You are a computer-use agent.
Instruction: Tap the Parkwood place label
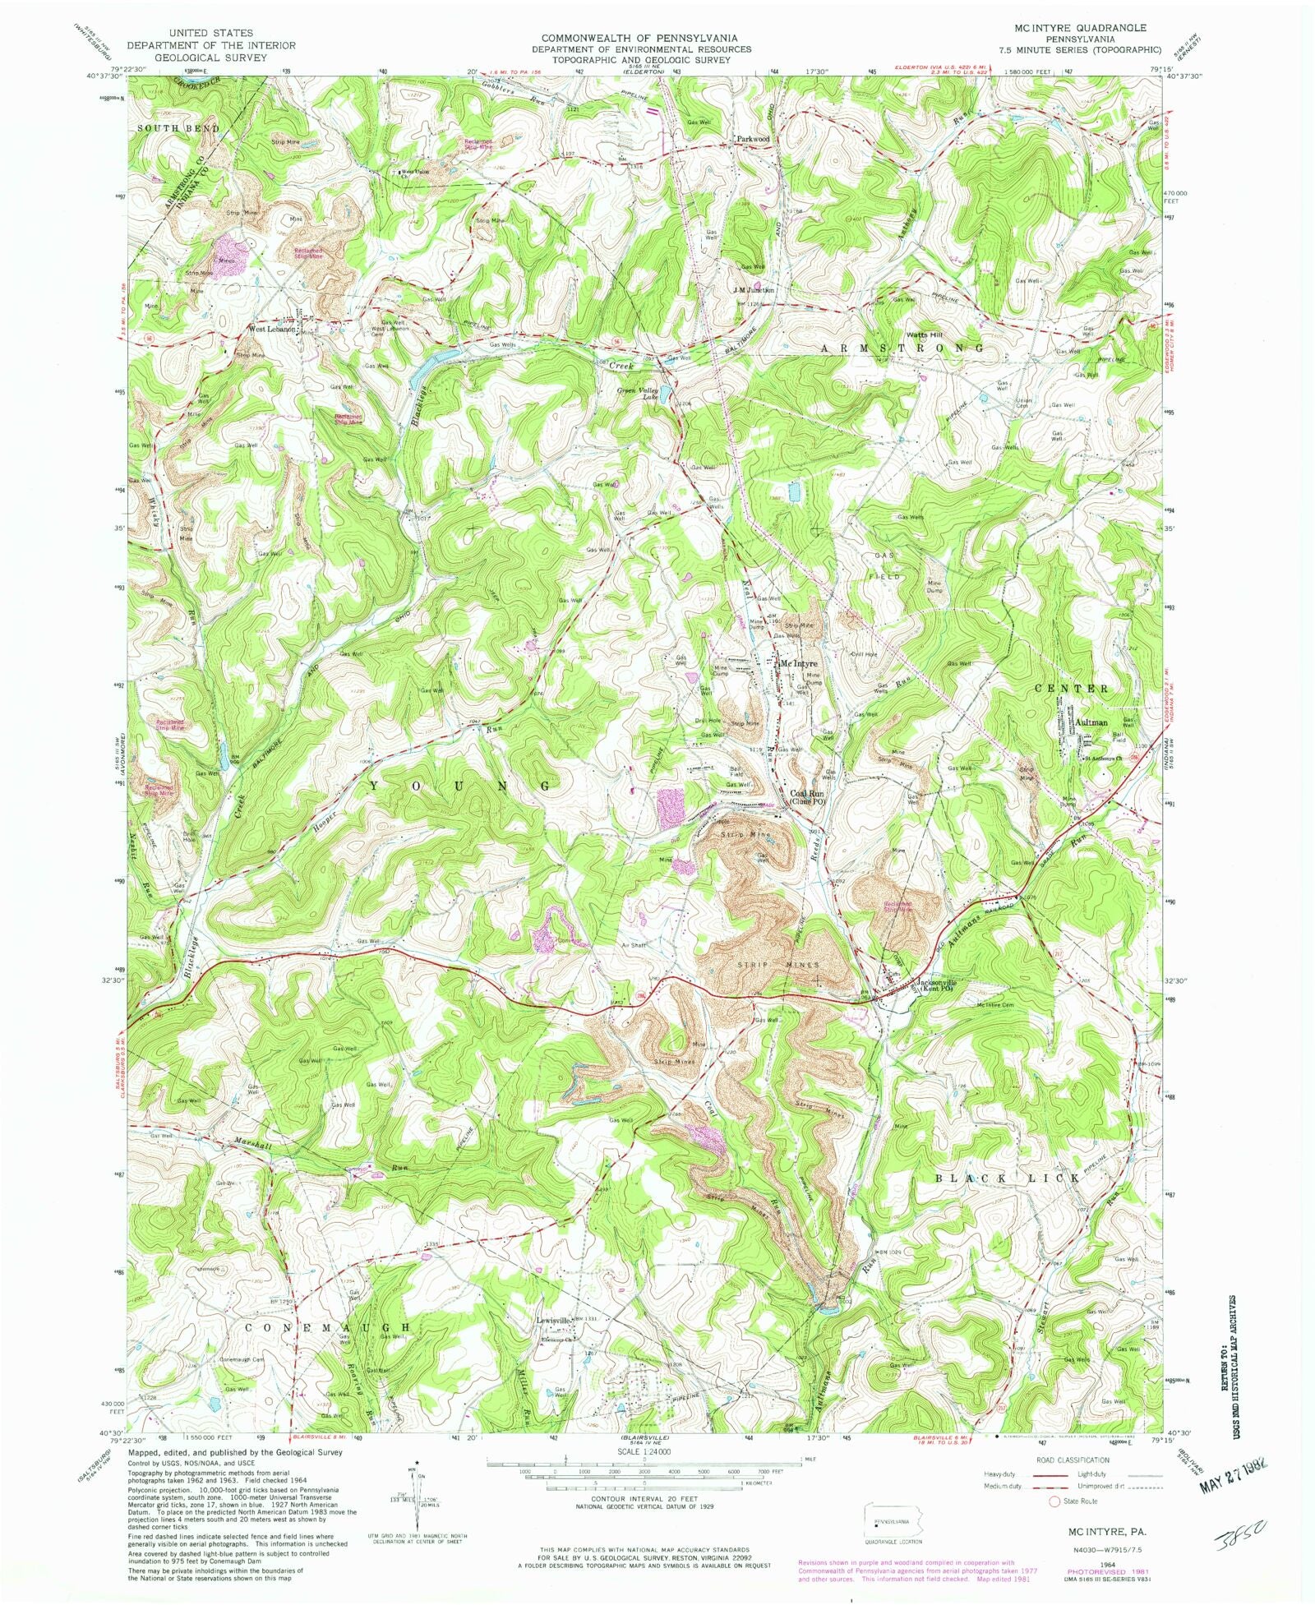pos(752,140)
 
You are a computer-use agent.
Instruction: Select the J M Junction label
pos(754,290)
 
